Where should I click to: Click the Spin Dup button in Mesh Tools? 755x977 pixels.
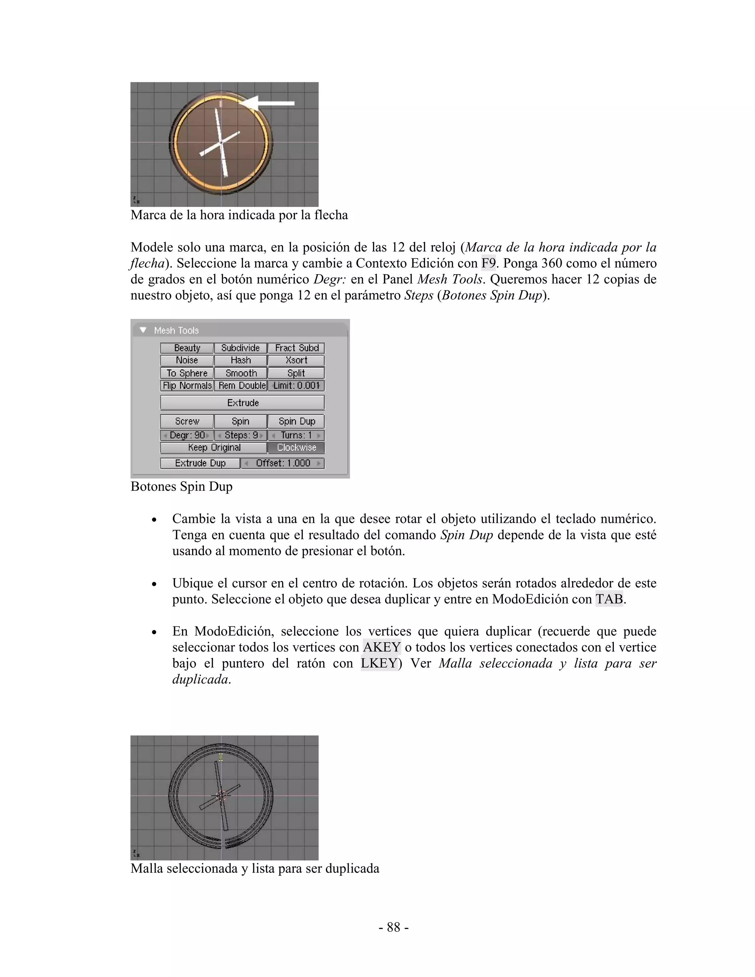pyautogui.click(x=296, y=421)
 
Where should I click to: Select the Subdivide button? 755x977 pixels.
pyautogui.click(x=241, y=348)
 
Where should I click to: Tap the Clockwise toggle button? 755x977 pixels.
pyautogui.click(x=296, y=448)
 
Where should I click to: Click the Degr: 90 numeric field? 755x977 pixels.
pyautogui.click(x=187, y=435)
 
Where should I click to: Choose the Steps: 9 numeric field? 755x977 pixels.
pyautogui.click(x=241, y=435)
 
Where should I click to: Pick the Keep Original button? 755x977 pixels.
pyautogui.click(x=214, y=448)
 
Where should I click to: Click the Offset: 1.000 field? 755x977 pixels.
pyautogui.click(x=283, y=463)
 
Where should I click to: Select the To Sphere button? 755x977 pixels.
pyautogui.click(x=187, y=373)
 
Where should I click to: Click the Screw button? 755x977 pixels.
pyautogui.click(x=187, y=421)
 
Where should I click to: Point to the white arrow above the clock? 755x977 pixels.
pyautogui.click(x=268, y=103)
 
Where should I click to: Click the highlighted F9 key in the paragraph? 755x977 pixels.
pyautogui.click(x=488, y=263)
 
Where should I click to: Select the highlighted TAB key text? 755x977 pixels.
pyautogui.click(x=609, y=599)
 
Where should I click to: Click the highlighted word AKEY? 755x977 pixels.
pyautogui.click(x=382, y=647)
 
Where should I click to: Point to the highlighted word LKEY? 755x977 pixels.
pyautogui.click(x=379, y=663)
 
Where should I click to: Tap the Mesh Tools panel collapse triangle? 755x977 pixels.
pyautogui.click(x=143, y=330)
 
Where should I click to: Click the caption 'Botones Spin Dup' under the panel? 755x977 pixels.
pyautogui.click(x=182, y=487)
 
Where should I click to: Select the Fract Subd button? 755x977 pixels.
pyautogui.click(x=296, y=348)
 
